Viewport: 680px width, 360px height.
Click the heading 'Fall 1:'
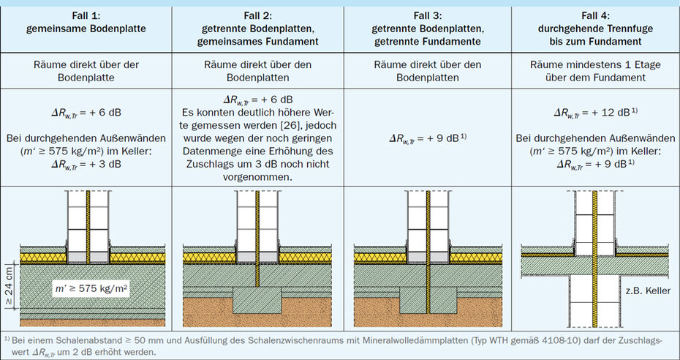[86, 15]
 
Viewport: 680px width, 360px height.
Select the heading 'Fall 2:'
[256, 15]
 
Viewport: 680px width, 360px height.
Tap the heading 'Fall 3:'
[427, 15]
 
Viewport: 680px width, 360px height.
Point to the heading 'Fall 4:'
[596, 15]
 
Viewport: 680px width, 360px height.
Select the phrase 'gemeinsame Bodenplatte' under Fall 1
[86, 29]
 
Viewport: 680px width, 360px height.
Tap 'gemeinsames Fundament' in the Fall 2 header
[256, 42]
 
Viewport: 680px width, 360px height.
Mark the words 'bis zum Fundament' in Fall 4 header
[596, 42]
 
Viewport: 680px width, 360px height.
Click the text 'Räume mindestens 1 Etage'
[596, 65]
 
